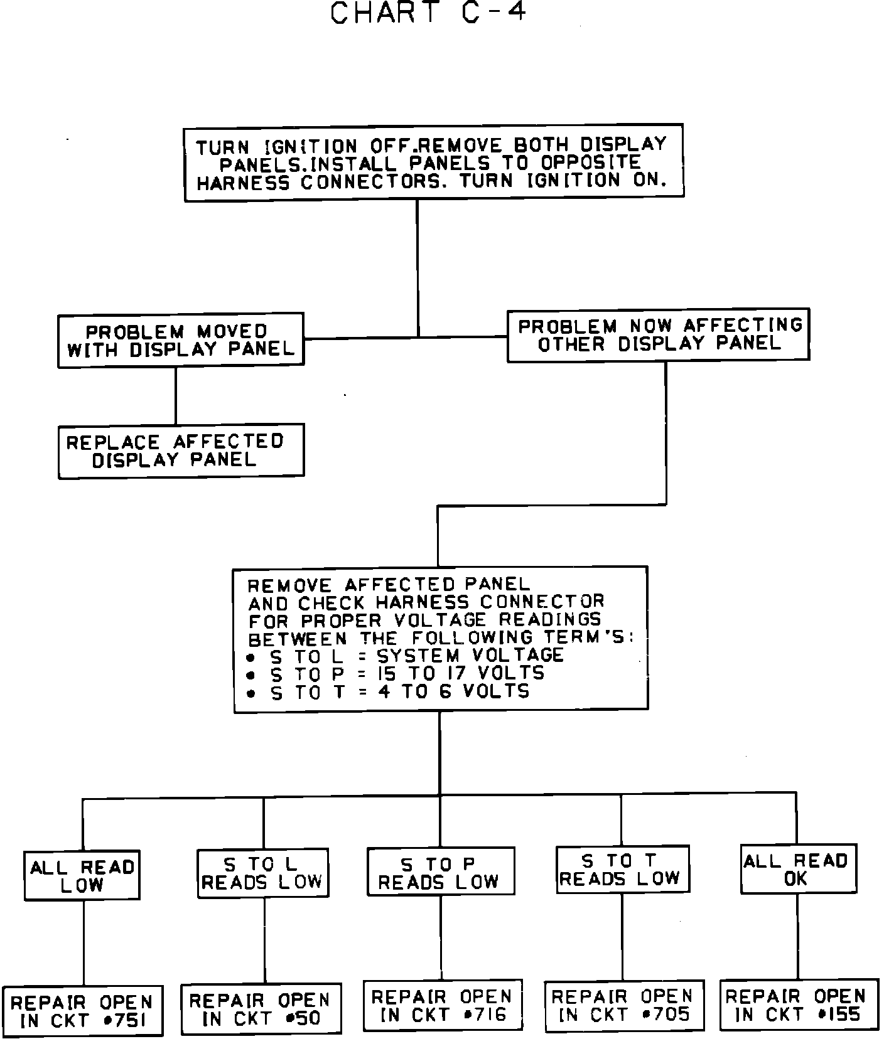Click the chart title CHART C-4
(x=428, y=14)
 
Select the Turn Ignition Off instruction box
(x=433, y=163)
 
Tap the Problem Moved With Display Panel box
(x=181, y=340)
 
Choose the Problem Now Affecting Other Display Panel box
(x=658, y=334)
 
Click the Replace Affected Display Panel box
(x=181, y=450)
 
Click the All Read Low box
(x=82, y=876)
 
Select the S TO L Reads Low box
(x=262, y=873)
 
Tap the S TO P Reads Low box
(x=440, y=871)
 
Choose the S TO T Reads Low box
(x=622, y=869)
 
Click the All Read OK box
(x=798, y=869)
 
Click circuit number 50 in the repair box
(x=306, y=1018)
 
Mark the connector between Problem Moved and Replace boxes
(x=176, y=395)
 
